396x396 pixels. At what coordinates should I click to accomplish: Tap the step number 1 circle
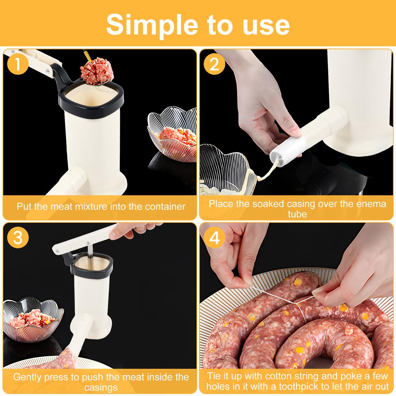tap(17, 64)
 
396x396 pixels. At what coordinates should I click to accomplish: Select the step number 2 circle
tap(214, 64)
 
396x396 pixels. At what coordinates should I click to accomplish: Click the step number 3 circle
tap(17, 237)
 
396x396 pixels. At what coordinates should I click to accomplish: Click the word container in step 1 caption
tap(165, 207)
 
